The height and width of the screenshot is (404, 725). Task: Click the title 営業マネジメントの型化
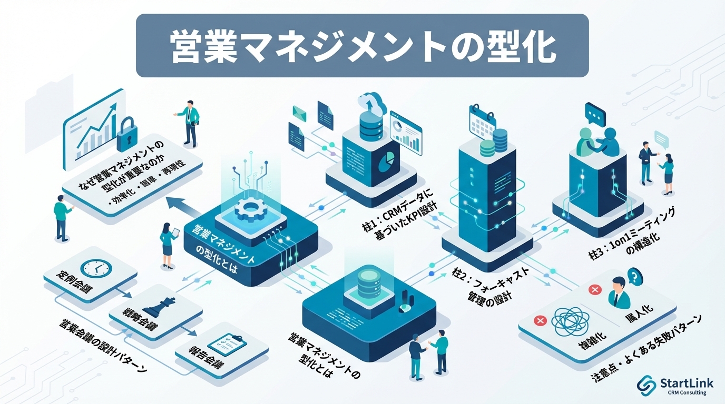[362, 46]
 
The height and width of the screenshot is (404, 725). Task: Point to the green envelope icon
[300, 112]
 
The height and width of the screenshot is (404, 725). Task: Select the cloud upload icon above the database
[371, 102]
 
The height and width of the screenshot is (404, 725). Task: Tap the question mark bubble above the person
[634, 275]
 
